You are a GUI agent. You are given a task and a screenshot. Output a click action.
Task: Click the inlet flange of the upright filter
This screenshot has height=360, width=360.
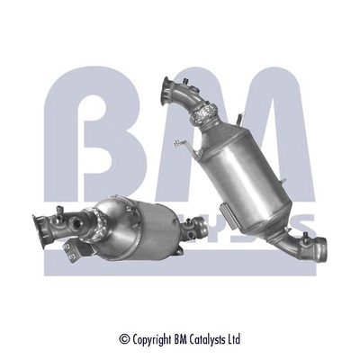pos(167,91)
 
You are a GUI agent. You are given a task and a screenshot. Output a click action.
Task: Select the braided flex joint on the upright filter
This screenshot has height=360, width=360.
pos(202,113)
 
